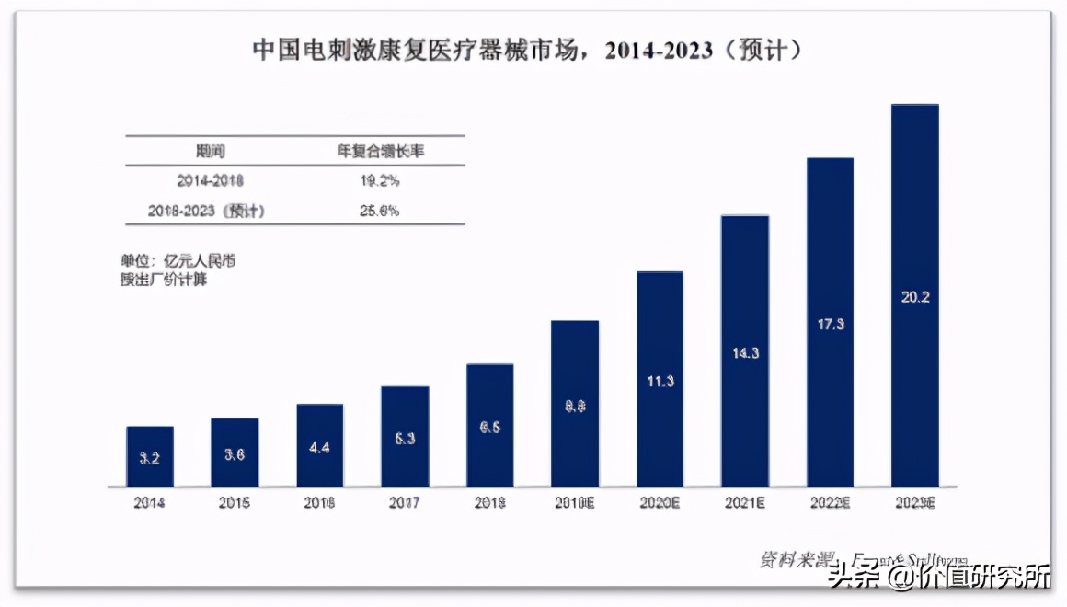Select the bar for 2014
pos(150,456)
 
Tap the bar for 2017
pos(405,436)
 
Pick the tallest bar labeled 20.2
pos(915,294)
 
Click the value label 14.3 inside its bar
pos(744,352)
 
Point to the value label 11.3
pos(660,381)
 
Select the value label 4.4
pos(320,447)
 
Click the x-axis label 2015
pos(235,503)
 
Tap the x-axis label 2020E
pos(660,503)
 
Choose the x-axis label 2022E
pos(830,503)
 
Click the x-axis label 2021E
pos(744,503)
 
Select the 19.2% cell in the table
pos(379,180)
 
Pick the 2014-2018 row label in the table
pos(210,180)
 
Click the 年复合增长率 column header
pos(380,151)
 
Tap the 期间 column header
pos(210,151)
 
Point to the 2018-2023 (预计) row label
pos(206,211)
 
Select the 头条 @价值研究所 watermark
pos(938,577)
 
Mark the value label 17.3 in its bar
pos(830,324)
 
